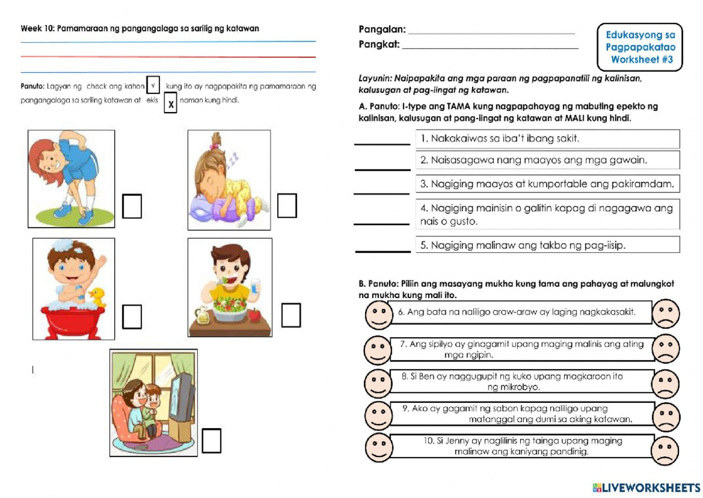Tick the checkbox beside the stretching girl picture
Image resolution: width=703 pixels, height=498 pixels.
click(x=132, y=206)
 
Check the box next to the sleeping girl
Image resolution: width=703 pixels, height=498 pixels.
click(x=287, y=205)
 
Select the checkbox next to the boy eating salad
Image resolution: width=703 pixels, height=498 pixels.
click(x=291, y=315)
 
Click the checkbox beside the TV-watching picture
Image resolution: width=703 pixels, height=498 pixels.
click(x=211, y=441)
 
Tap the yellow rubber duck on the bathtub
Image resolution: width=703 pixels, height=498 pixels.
click(x=97, y=296)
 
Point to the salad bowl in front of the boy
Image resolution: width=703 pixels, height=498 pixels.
click(x=230, y=309)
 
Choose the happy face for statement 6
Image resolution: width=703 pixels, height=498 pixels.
click(x=379, y=314)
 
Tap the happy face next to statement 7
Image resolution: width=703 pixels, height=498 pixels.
click(x=378, y=350)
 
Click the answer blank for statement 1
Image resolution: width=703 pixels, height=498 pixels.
click(x=382, y=142)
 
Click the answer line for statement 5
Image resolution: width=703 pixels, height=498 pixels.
click(x=383, y=249)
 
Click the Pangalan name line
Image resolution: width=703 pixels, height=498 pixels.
click(x=491, y=32)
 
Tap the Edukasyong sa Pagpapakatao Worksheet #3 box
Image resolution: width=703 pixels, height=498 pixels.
click(x=640, y=47)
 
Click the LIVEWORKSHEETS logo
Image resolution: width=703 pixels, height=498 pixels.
click(x=646, y=487)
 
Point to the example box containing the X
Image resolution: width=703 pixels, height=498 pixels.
click(x=170, y=104)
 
